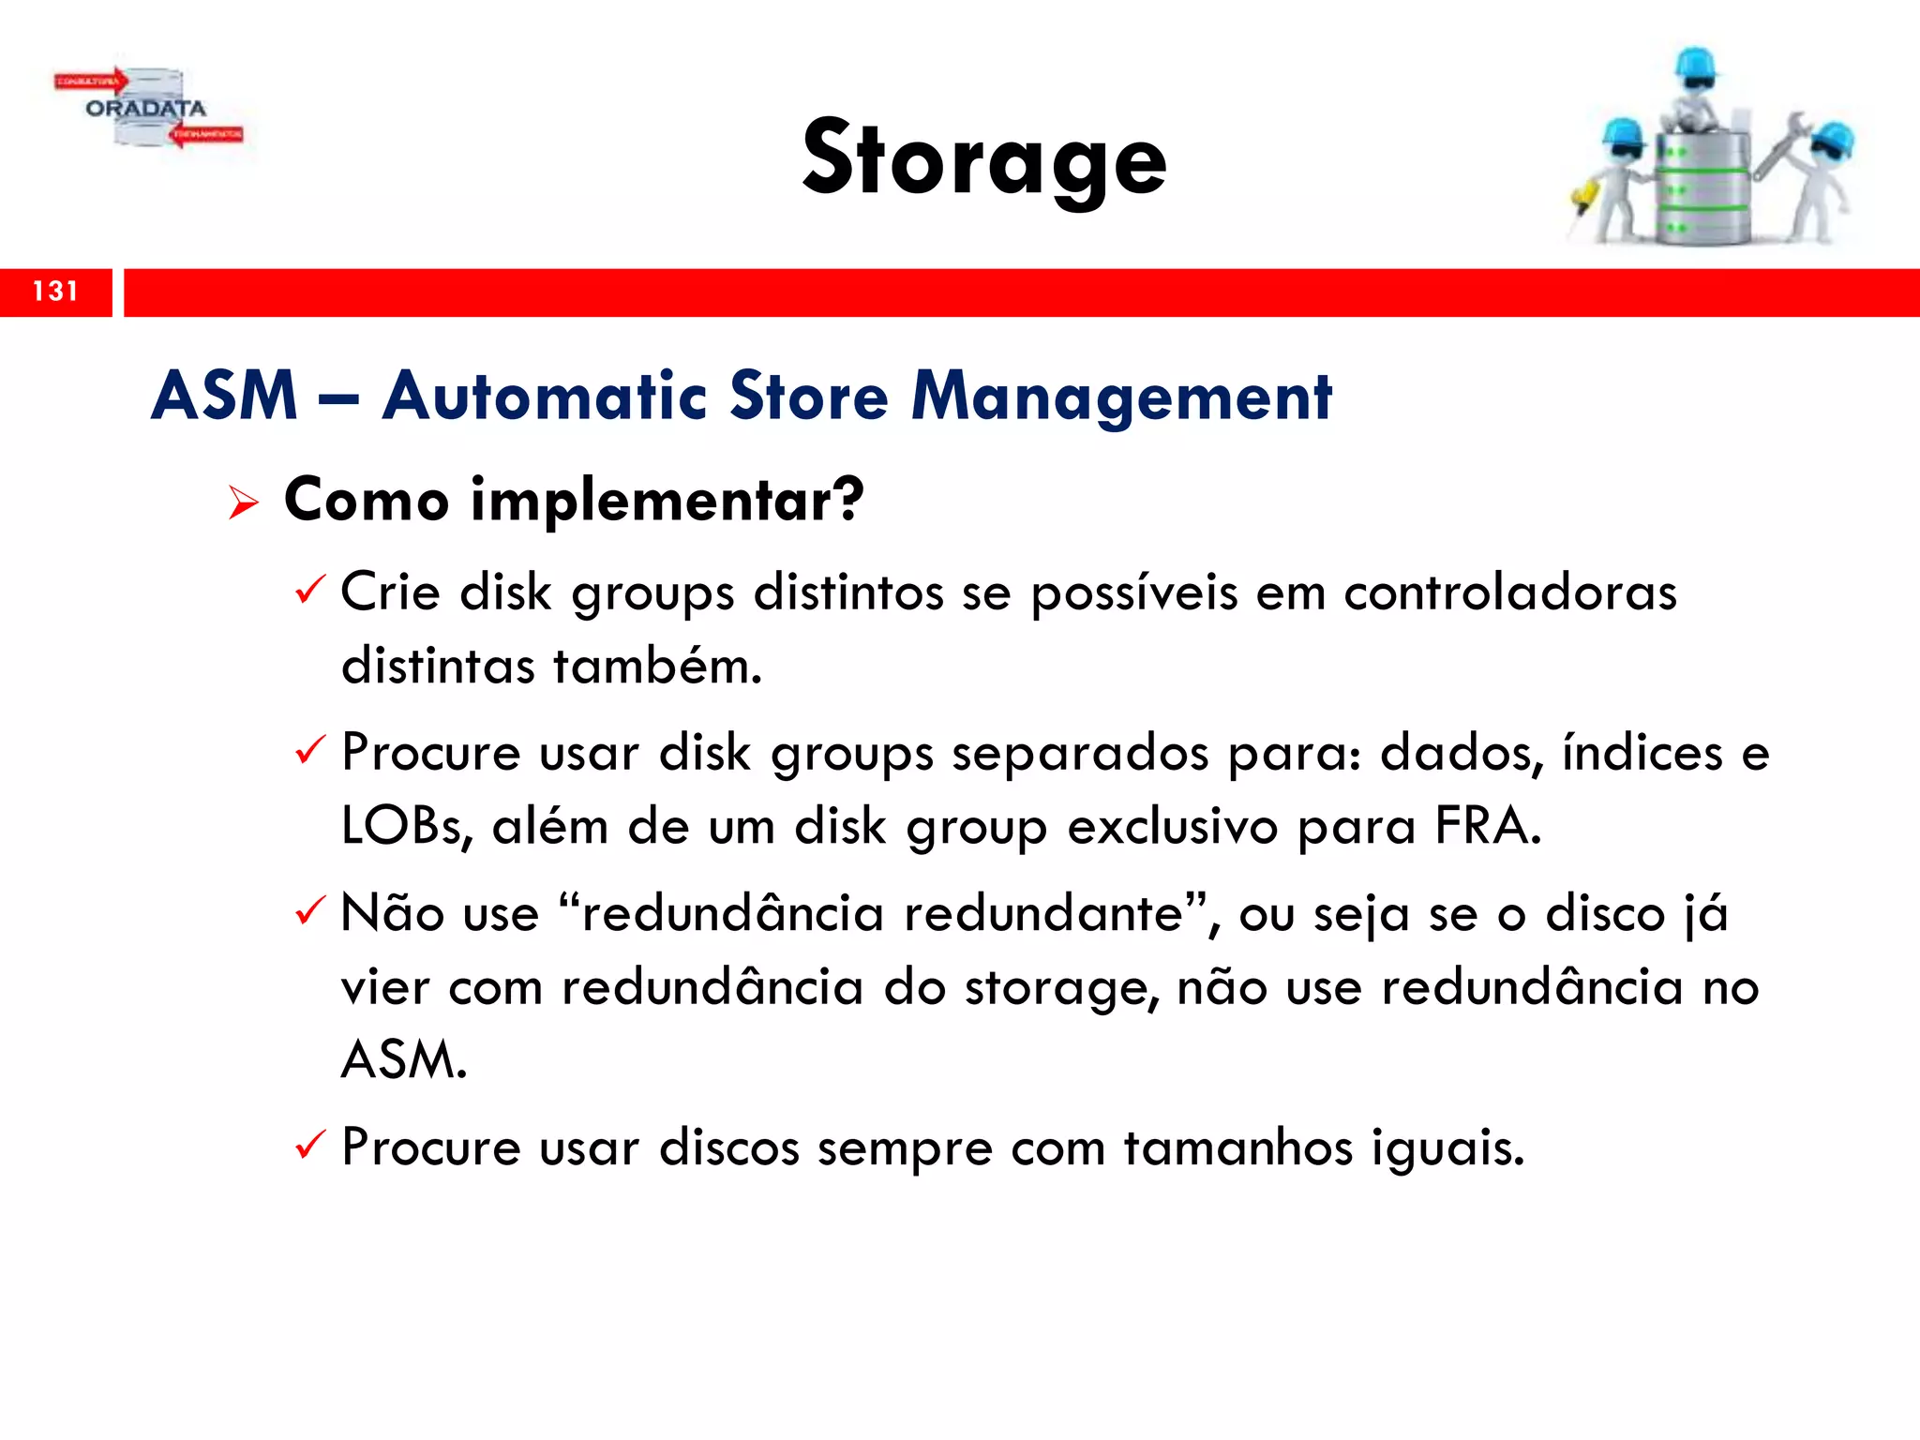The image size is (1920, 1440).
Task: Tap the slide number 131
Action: [55, 292]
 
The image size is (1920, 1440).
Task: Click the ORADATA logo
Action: [148, 109]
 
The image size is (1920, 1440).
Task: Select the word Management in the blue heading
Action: [1121, 397]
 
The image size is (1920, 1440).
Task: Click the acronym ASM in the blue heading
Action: [225, 396]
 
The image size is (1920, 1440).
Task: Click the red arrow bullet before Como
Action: [244, 503]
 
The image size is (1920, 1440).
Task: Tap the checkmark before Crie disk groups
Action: [309, 591]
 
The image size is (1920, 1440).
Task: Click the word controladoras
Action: [1509, 592]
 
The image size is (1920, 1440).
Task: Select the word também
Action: [657, 667]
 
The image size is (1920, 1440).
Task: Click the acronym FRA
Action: [1487, 827]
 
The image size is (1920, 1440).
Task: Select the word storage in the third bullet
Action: [1062, 988]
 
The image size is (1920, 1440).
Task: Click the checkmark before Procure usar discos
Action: [309, 1146]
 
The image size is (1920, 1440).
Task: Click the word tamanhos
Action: [1238, 1147]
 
